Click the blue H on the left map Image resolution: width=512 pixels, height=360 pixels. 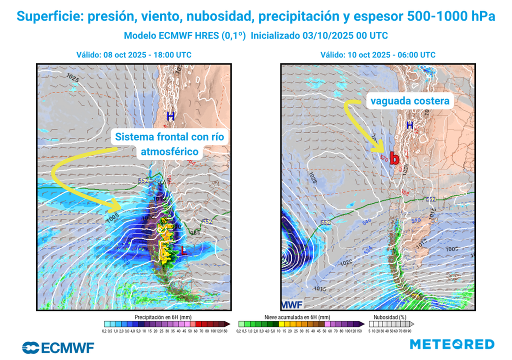pos(171,116)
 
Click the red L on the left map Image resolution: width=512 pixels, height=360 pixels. pos(184,251)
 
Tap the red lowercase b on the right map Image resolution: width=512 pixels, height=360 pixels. pos(394,158)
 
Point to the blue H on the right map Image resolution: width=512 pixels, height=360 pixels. pos(410,125)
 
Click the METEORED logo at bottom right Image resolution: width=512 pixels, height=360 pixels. pos(452,344)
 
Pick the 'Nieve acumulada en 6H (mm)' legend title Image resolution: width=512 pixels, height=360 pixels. pos(297,317)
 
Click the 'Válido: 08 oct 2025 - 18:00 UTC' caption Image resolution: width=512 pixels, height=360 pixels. pos(133,55)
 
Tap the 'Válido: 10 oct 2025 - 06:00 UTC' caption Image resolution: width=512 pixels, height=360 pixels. pos(377,55)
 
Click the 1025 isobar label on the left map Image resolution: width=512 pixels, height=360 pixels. pos(72,78)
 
